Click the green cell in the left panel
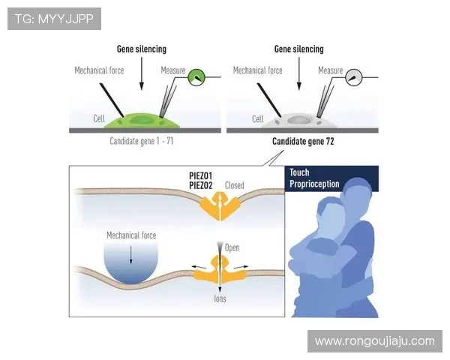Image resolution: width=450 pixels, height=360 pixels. coord(142,120)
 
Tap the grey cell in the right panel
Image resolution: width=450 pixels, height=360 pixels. coord(301,120)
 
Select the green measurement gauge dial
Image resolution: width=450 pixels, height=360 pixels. coord(196,76)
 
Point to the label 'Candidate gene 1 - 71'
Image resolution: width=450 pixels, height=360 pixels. coord(142,140)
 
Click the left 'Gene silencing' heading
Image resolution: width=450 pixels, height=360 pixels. coord(141,49)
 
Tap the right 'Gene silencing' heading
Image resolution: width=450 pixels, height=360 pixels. coord(299,49)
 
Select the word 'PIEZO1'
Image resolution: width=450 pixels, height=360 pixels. coord(203,175)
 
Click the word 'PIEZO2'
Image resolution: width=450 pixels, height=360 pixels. coord(203,184)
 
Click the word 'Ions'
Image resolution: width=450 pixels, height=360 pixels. coord(220,299)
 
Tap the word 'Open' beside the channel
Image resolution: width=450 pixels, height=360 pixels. coord(232,247)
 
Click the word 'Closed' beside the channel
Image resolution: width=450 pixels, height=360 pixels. coord(235,185)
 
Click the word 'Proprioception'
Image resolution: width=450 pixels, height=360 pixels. coord(314,184)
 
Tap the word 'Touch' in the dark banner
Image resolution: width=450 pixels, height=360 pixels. coord(299,173)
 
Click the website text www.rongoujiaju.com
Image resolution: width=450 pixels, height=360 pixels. coord(374,341)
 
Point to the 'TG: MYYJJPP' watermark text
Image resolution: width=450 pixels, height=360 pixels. coord(53,18)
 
